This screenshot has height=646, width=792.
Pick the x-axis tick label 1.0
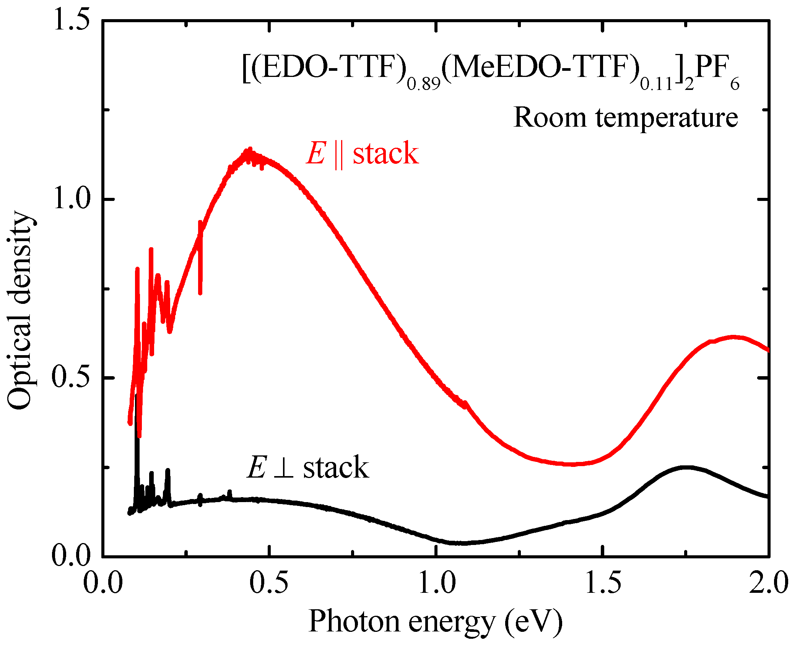click(x=436, y=584)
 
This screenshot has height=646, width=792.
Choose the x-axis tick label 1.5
click(x=603, y=584)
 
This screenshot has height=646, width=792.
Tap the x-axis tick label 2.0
click(x=769, y=584)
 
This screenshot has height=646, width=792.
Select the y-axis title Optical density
click(x=19, y=310)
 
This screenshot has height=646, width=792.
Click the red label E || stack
click(x=362, y=153)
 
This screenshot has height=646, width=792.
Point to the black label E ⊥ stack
click(x=308, y=467)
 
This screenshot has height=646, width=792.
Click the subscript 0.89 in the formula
click(x=424, y=84)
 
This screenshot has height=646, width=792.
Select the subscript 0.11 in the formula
click(x=656, y=84)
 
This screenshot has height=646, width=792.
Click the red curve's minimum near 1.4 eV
click(x=570, y=464)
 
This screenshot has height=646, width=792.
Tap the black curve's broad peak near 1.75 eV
click(x=686, y=467)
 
